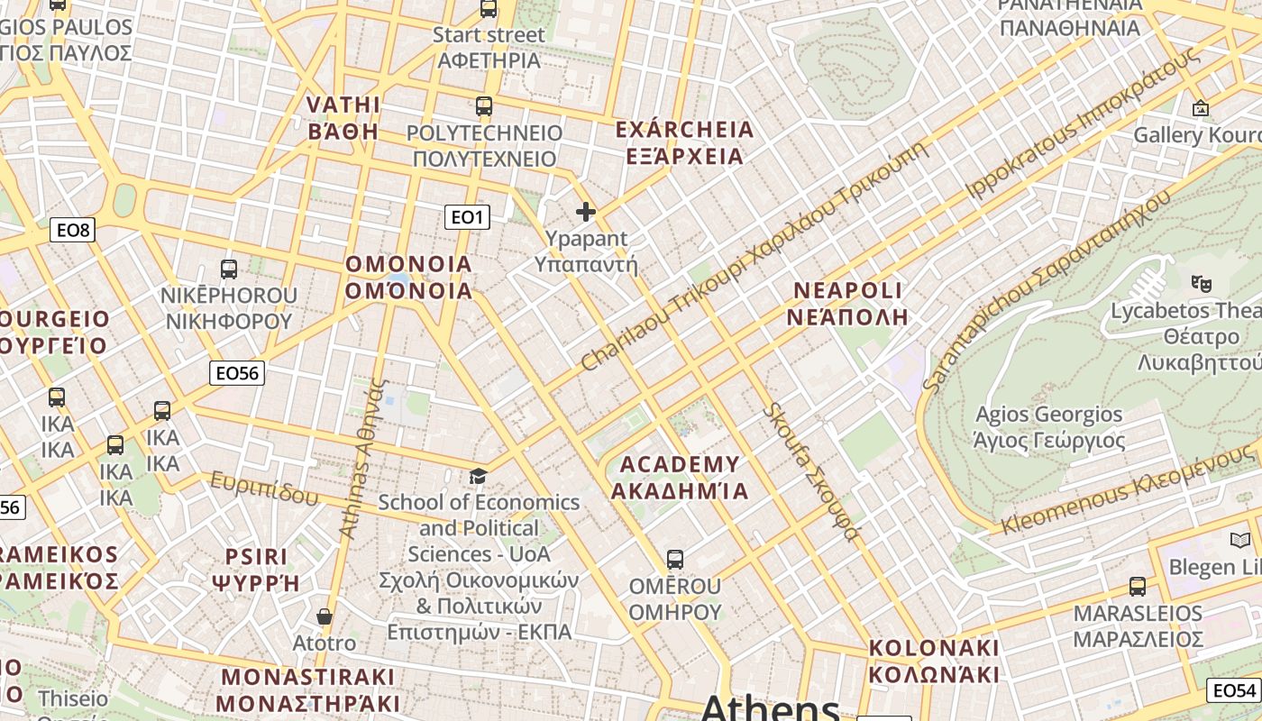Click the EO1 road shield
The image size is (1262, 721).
tap(467, 217)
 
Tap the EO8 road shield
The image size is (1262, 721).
tap(74, 230)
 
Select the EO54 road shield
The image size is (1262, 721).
tap(1234, 690)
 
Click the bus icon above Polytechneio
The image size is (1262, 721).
tap(484, 106)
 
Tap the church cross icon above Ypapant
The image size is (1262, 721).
tap(586, 212)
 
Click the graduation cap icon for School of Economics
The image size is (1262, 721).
tap(478, 476)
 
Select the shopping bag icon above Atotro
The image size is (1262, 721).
tap(325, 616)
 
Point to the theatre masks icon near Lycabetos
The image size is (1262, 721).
tap(1201, 283)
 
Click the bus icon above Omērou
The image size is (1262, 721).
tap(674, 559)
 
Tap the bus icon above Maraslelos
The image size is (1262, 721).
tap(1138, 587)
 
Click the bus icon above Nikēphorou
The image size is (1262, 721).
tap(229, 269)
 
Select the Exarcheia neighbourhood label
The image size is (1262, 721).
tap(684, 142)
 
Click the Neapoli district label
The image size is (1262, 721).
tap(847, 303)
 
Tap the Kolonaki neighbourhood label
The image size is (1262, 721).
tap(934, 661)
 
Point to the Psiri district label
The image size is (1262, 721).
tap(256, 569)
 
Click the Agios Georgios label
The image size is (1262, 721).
tap(1049, 427)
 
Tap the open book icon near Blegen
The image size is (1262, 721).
tap(1240, 541)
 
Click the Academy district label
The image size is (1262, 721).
tap(680, 477)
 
